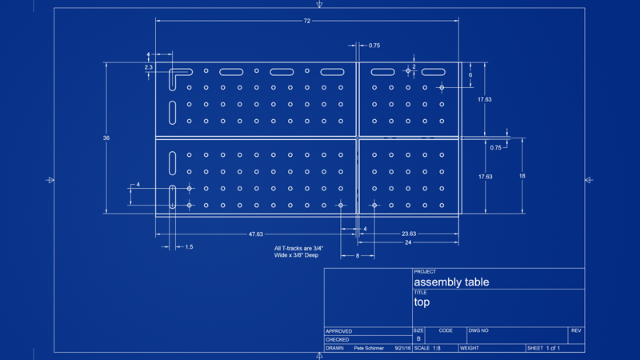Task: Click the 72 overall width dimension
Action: click(x=307, y=21)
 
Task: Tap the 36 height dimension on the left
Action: click(x=106, y=138)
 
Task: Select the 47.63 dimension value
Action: click(x=256, y=234)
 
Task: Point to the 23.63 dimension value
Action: click(x=409, y=234)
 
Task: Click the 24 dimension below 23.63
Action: click(x=408, y=242)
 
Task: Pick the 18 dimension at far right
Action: click(x=522, y=176)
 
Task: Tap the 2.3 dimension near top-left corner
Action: click(x=148, y=67)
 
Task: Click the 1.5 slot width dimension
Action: click(x=189, y=247)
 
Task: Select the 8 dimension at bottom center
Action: click(x=358, y=256)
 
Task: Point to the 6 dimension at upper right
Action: click(x=470, y=75)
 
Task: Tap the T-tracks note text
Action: click(x=298, y=252)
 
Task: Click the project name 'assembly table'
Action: click(x=451, y=282)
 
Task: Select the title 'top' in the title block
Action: click(x=422, y=302)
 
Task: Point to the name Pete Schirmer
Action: click(x=369, y=348)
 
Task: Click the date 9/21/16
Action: click(x=402, y=348)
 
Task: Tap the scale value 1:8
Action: click(x=437, y=348)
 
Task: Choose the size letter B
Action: click(x=418, y=338)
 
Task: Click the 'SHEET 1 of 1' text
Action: click(x=544, y=348)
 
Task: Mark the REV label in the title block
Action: click(x=576, y=330)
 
